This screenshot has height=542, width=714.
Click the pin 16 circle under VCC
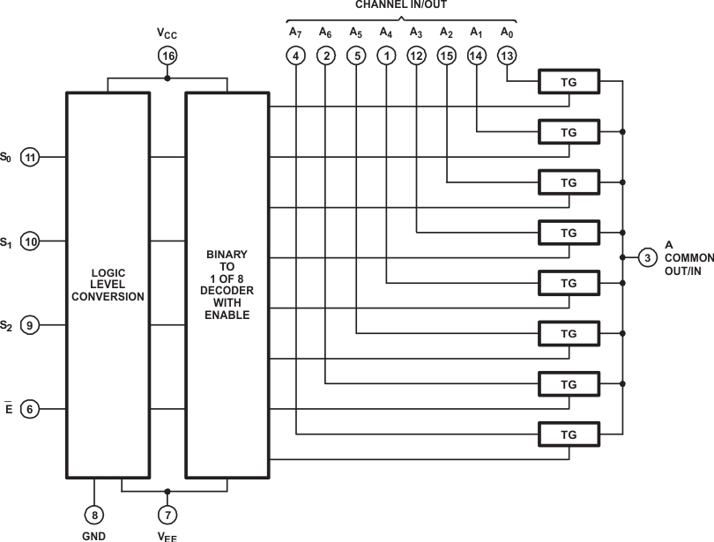click(167, 56)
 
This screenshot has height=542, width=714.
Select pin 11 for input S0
click(31, 158)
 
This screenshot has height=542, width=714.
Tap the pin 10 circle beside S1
click(31, 241)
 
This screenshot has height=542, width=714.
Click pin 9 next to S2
click(31, 326)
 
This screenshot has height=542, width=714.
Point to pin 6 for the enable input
click(31, 410)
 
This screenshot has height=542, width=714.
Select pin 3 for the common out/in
click(648, 257)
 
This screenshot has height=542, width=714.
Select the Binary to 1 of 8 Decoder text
click(227, 284)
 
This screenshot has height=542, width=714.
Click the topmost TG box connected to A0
click(569, 82)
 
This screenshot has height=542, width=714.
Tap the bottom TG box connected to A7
click(569, 434)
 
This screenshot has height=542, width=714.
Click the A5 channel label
click(355, 33)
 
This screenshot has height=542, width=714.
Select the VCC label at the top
click(167, 33)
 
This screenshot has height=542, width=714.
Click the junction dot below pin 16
click(167, 78)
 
